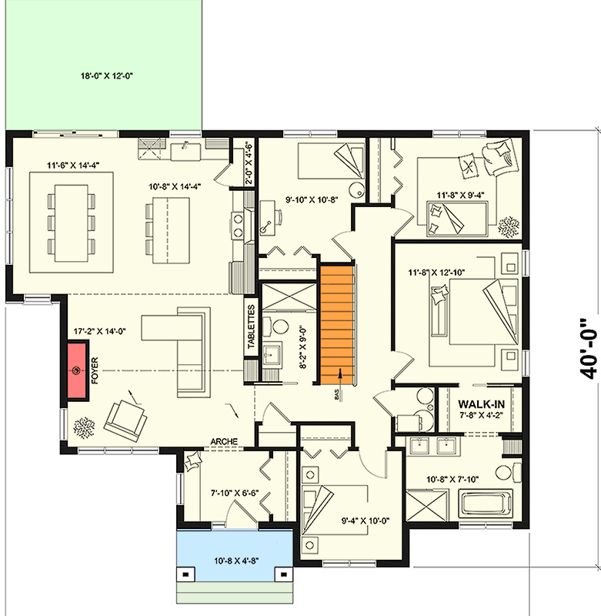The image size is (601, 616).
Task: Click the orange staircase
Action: click(336, 323)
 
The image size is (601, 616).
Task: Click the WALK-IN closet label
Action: click(482, 404)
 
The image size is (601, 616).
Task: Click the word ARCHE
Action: click(225, 442)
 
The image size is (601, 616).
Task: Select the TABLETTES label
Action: click(252, 328)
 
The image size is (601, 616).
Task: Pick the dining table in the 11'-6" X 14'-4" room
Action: click(71, 223)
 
